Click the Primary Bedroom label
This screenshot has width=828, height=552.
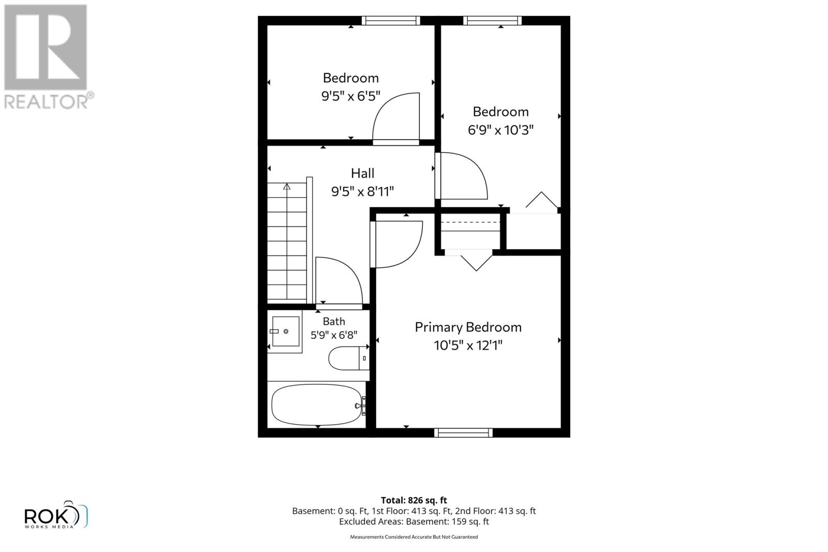pos(468,327)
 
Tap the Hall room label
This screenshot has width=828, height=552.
pos(362,173)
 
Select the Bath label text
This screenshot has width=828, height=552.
pos(334,321)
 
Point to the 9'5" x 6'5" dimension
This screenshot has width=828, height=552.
pos(350,96)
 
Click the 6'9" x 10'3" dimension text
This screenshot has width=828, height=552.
pos(500,130)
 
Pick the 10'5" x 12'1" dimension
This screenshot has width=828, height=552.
pos(468,346)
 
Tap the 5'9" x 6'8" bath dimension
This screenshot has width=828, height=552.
pos(334,335)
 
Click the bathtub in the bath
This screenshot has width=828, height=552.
pos(317,405)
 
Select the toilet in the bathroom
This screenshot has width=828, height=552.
pos(349,358)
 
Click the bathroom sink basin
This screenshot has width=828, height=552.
pos(286,332)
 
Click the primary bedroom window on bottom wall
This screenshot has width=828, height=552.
pos(463,432)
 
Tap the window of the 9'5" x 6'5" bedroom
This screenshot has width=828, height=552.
pos(391,20)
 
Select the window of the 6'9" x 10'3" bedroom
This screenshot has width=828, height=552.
pos(492,20)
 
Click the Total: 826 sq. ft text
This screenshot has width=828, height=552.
pos(413,500)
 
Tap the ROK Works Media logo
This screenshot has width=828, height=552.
pos(56,515)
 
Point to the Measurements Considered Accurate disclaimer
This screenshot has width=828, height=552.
pos(413,537)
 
